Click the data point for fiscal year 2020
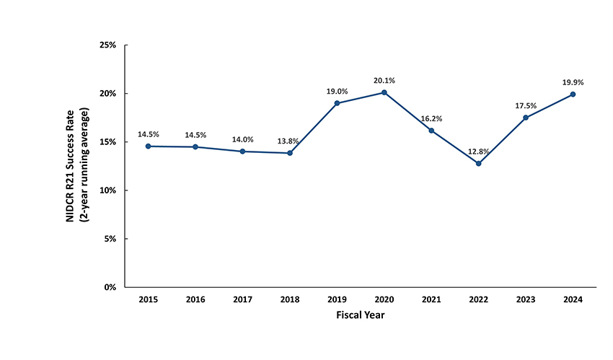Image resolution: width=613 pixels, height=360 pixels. pos(384,92)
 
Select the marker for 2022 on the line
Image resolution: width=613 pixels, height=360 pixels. pos(478,163)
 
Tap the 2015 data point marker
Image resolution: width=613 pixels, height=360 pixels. pos(149,146)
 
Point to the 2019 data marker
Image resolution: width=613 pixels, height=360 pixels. pos(337,103)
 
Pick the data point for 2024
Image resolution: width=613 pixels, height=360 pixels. pos(573,94)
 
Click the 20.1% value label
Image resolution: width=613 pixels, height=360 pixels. pos(384,80)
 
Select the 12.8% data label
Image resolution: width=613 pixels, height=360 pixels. pos(478,152)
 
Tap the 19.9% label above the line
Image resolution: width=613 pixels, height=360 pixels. pos(573,82)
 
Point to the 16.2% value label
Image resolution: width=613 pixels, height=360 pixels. pos(431,118)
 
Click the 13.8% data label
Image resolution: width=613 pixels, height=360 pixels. pos(290,141)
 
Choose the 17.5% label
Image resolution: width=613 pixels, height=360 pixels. pos(526,105)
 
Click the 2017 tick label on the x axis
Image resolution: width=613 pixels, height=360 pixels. pos(243,299)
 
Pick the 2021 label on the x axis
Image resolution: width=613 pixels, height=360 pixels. pos(431,299)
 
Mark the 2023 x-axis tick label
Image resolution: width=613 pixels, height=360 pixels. pos(526,299)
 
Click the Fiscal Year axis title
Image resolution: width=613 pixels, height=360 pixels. pos(361,316)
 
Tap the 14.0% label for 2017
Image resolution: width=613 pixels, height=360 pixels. pos(243,139)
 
